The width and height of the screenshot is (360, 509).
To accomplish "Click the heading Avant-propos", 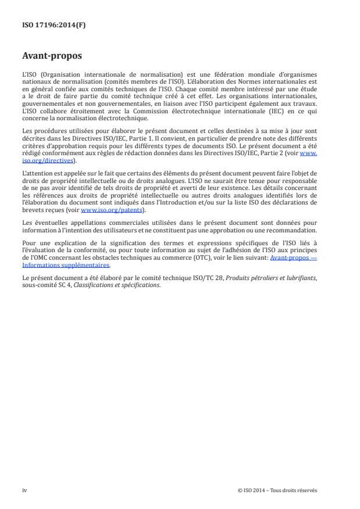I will pos(52,56).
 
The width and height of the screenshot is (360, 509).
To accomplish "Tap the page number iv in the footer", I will pos(24,490).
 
